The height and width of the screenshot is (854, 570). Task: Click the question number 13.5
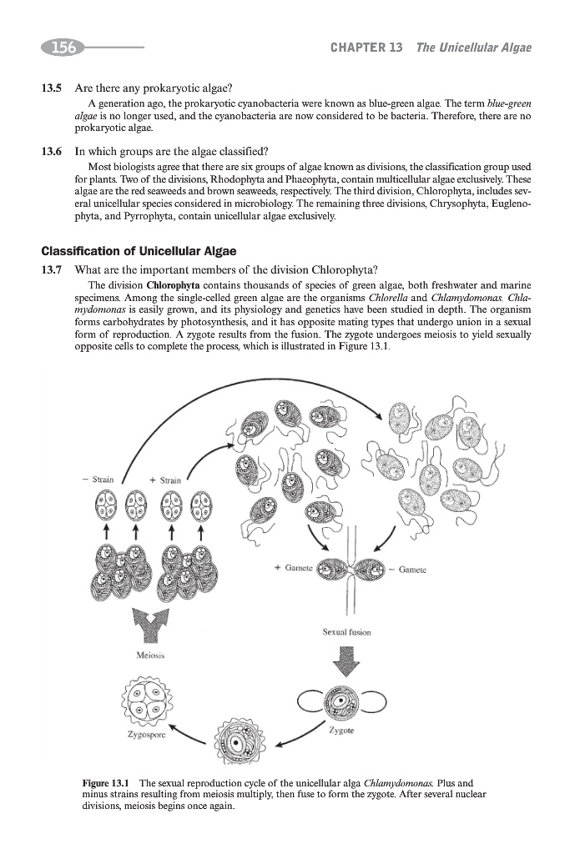pos(53,88)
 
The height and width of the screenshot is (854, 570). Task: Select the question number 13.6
pos(53,152)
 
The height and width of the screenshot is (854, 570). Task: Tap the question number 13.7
pos(53,269)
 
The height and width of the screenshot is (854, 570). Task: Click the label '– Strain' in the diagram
pos(101,480)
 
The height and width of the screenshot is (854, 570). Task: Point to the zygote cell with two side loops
pos(341,702)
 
